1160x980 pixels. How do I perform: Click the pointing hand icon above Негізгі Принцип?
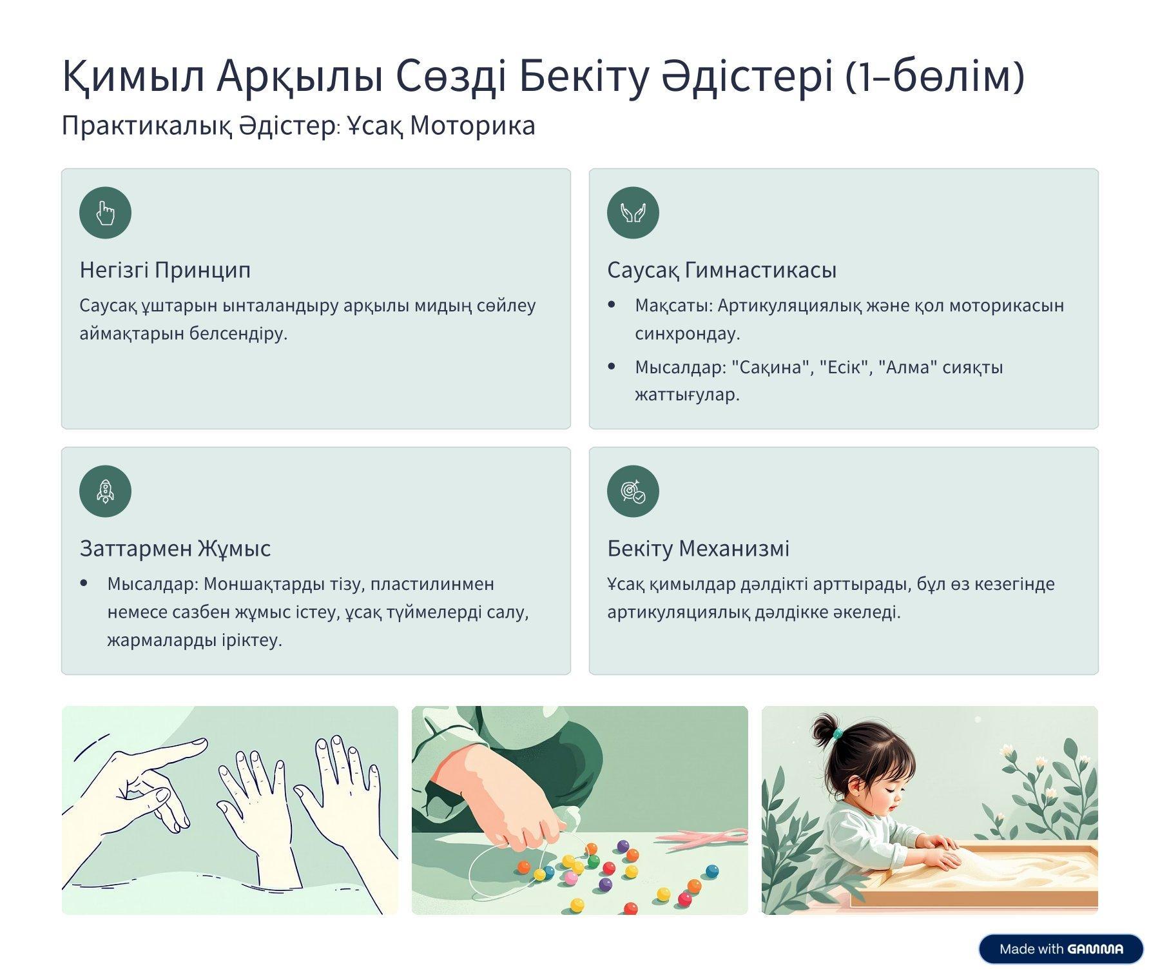pyautogui.click(x=105, y=213)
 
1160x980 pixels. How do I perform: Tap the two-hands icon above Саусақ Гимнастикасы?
pyautogui.click(x=633, y=213)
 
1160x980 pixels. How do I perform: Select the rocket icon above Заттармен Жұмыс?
pyautogui.click(x=105, y=491)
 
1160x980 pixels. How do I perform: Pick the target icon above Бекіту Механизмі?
pyautogui.click(x=633, y=491)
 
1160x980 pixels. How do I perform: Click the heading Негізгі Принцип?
pyautogui.click(x=165, y=269)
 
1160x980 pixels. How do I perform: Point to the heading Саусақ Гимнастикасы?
pyautogui.click(x=722, y=269)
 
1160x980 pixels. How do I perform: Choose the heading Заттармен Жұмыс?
pyautogui.click(x=175, y=548)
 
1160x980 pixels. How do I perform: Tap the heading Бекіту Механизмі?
pyautogui.click(x=698, y=548)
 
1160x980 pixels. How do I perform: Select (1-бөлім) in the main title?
pyautogui.click(x=934, y=77)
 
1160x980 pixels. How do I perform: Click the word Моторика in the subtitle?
pyautogui.click(x=472, y=126)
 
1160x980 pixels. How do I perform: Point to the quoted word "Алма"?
pyautogui.click(x=907, y=367)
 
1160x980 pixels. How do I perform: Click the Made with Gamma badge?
pyautogui.click(x=1061, y=949)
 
